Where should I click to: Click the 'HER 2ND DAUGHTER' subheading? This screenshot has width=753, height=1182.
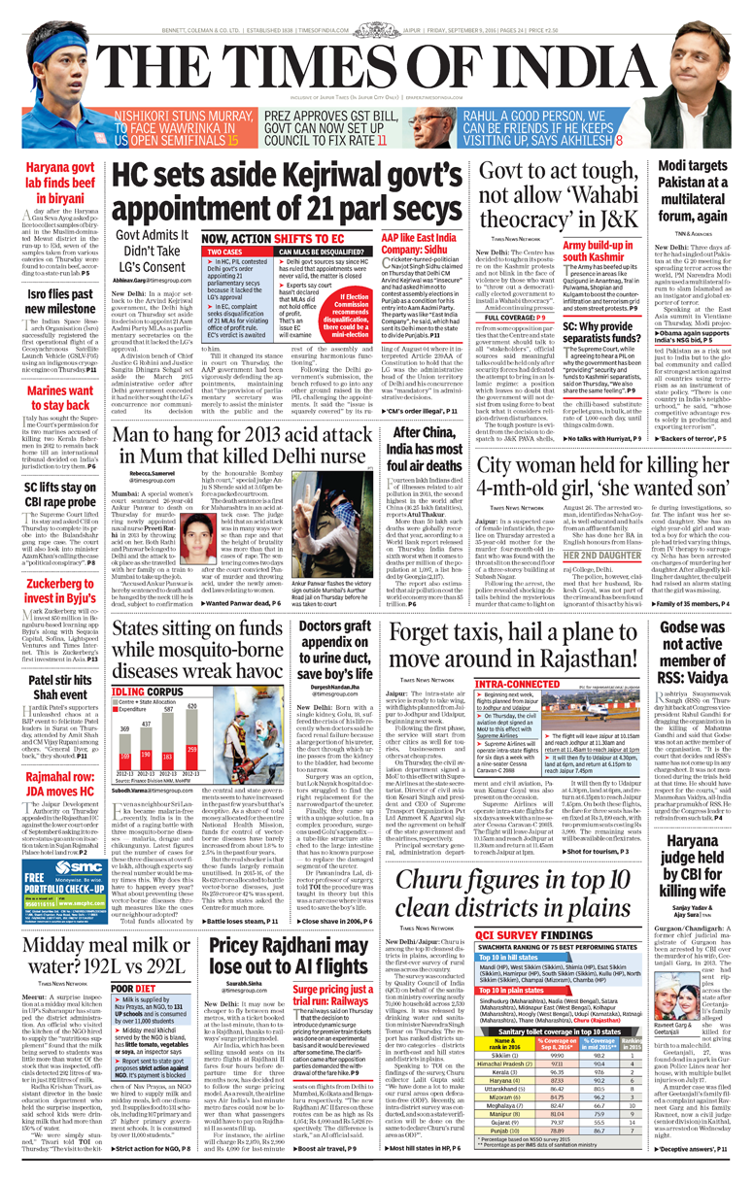602,557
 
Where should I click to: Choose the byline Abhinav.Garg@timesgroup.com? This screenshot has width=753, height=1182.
154,279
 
